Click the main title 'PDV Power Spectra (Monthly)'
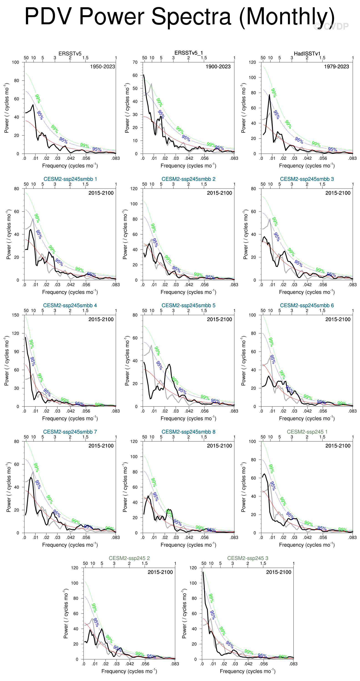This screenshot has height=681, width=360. tap(179, 16)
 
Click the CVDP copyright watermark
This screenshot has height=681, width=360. tap(331, 26)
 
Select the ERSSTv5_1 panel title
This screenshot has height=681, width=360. tap(188, 53)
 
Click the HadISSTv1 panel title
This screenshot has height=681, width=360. tap(307, 54)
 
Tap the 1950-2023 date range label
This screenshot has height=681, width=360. tap(102, 67)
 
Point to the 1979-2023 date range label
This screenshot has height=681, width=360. tap(336, 67)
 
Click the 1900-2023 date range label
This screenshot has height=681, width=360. tap(218, 67)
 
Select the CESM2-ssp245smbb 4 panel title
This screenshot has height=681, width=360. tap(70, 305)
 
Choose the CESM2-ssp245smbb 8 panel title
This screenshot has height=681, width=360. tap(188, 432)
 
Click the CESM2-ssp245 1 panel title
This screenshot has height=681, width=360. tap(307, 432)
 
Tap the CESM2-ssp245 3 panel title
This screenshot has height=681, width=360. tap(247, 558)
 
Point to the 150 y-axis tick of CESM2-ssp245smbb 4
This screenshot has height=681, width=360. tap(15, 315)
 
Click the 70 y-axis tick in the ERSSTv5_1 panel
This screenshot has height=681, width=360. tap(135, 62)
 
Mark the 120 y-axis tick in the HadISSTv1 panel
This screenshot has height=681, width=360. tap(252, 62)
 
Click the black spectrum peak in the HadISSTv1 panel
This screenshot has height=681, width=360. tap(270, 95)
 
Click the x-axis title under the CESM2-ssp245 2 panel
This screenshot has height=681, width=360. tap(129, 671)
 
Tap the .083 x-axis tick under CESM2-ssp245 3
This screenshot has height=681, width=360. tap(293, 664)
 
